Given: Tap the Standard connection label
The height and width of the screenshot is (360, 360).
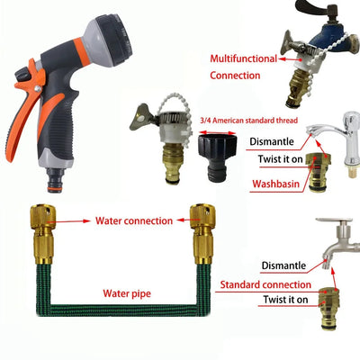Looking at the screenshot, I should [x=261, y=285].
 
